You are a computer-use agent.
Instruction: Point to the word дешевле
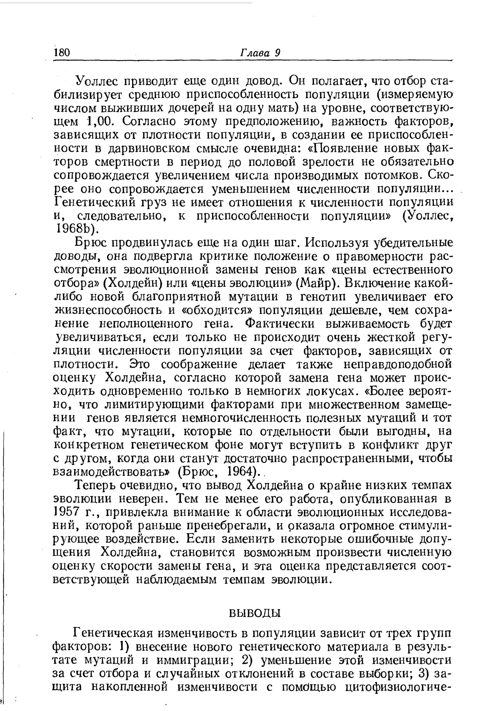click(x=357, y=310)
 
